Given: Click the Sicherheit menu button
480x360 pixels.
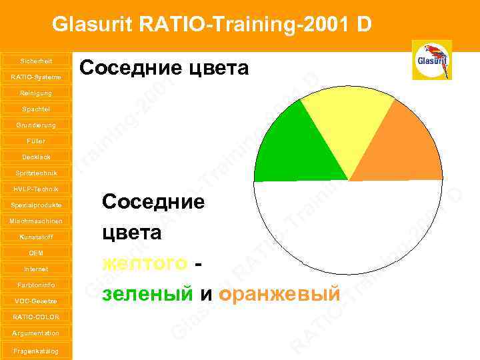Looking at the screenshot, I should [36, 61].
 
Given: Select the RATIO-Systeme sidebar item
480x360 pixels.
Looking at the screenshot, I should [36, 77].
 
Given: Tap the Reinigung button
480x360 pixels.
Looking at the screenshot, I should [36, 93].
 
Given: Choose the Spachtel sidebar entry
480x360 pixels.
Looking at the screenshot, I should [36, 109].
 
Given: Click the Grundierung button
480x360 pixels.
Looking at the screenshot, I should [36, 125].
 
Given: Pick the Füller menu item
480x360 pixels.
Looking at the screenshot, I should [36, 141].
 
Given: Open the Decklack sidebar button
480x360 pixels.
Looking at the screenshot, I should [36, 157].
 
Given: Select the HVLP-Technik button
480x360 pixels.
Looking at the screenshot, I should [36, 189].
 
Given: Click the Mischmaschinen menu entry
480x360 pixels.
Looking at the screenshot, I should [36, 221].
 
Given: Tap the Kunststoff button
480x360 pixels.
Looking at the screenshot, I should [36, 237].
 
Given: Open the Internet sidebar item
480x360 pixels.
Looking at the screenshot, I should [36, 269].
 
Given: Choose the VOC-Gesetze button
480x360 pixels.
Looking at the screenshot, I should [36, 301].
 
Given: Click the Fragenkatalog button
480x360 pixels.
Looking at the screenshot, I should [36, 351].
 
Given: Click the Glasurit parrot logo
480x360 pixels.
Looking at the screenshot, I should [432, 60].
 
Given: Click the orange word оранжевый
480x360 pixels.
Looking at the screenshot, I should [279, 294].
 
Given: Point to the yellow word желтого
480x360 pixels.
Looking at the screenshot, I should [143, 264].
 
